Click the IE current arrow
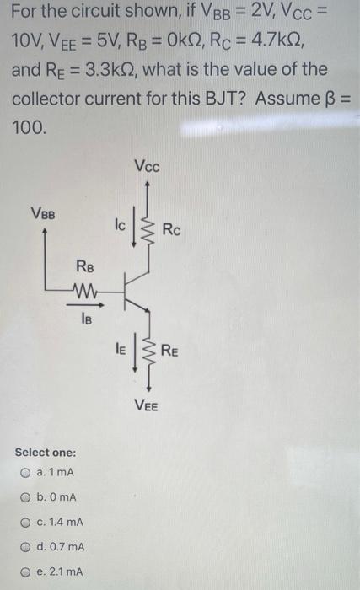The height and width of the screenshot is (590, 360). coord(134,348)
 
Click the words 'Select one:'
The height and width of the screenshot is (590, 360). coord(48,452)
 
